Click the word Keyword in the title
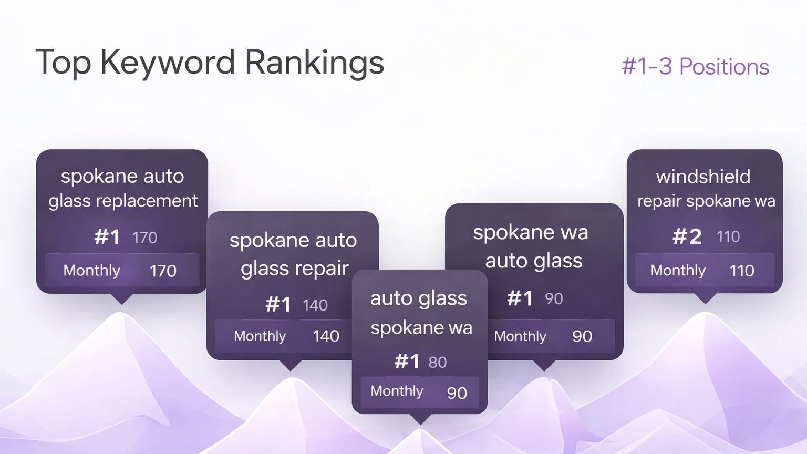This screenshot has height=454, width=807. (x=168, y=63)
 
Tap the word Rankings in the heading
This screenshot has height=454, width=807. (x=315, y=63)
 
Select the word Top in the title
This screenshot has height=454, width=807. (x=63, y=63)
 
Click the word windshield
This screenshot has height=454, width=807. (x=703, y=177)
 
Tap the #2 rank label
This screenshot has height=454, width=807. (x=687, y=237)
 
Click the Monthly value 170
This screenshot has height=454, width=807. (x=163, y=271)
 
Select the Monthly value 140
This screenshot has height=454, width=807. (x=326, y=336)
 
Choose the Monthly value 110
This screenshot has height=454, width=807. (x=741, y=271)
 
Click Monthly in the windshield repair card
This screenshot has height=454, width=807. (x=678, y=271)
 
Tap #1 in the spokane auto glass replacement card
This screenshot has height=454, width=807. (x=107, y=238)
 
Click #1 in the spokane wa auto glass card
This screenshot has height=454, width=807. (x=520, y=298)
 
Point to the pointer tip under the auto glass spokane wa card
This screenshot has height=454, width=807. (x=420, y=424)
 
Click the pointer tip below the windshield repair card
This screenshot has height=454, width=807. (x=705, y=303)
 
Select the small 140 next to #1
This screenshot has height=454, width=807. (x=315, y=305)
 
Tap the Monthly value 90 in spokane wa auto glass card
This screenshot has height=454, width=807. (x=582, y=336)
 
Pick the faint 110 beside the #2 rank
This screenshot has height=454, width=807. (x=728, y=237)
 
